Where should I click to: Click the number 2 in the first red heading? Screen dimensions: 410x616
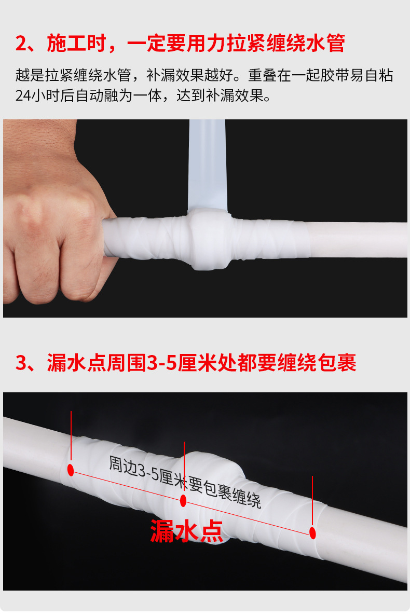[21, 43]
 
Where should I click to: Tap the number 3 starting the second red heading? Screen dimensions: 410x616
[21, 363]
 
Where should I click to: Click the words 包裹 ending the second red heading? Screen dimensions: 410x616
[336, 363]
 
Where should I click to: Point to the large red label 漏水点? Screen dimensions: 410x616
[186, 531]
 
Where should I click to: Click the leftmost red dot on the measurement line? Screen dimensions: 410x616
[71, 470]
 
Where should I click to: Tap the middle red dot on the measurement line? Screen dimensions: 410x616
[183, 500]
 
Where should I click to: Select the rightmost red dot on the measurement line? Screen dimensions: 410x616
[312, 533]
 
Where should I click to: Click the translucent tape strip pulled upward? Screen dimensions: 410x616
[208, 165]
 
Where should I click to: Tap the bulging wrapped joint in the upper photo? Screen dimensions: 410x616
[209, 239]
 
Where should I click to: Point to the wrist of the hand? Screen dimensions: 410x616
[39, 142]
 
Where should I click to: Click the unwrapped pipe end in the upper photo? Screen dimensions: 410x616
[358, 240]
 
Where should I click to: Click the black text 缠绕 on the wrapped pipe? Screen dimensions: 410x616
[247, 497]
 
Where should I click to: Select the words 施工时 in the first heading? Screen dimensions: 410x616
[77, 43]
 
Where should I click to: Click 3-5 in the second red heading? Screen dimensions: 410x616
[162, 363]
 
